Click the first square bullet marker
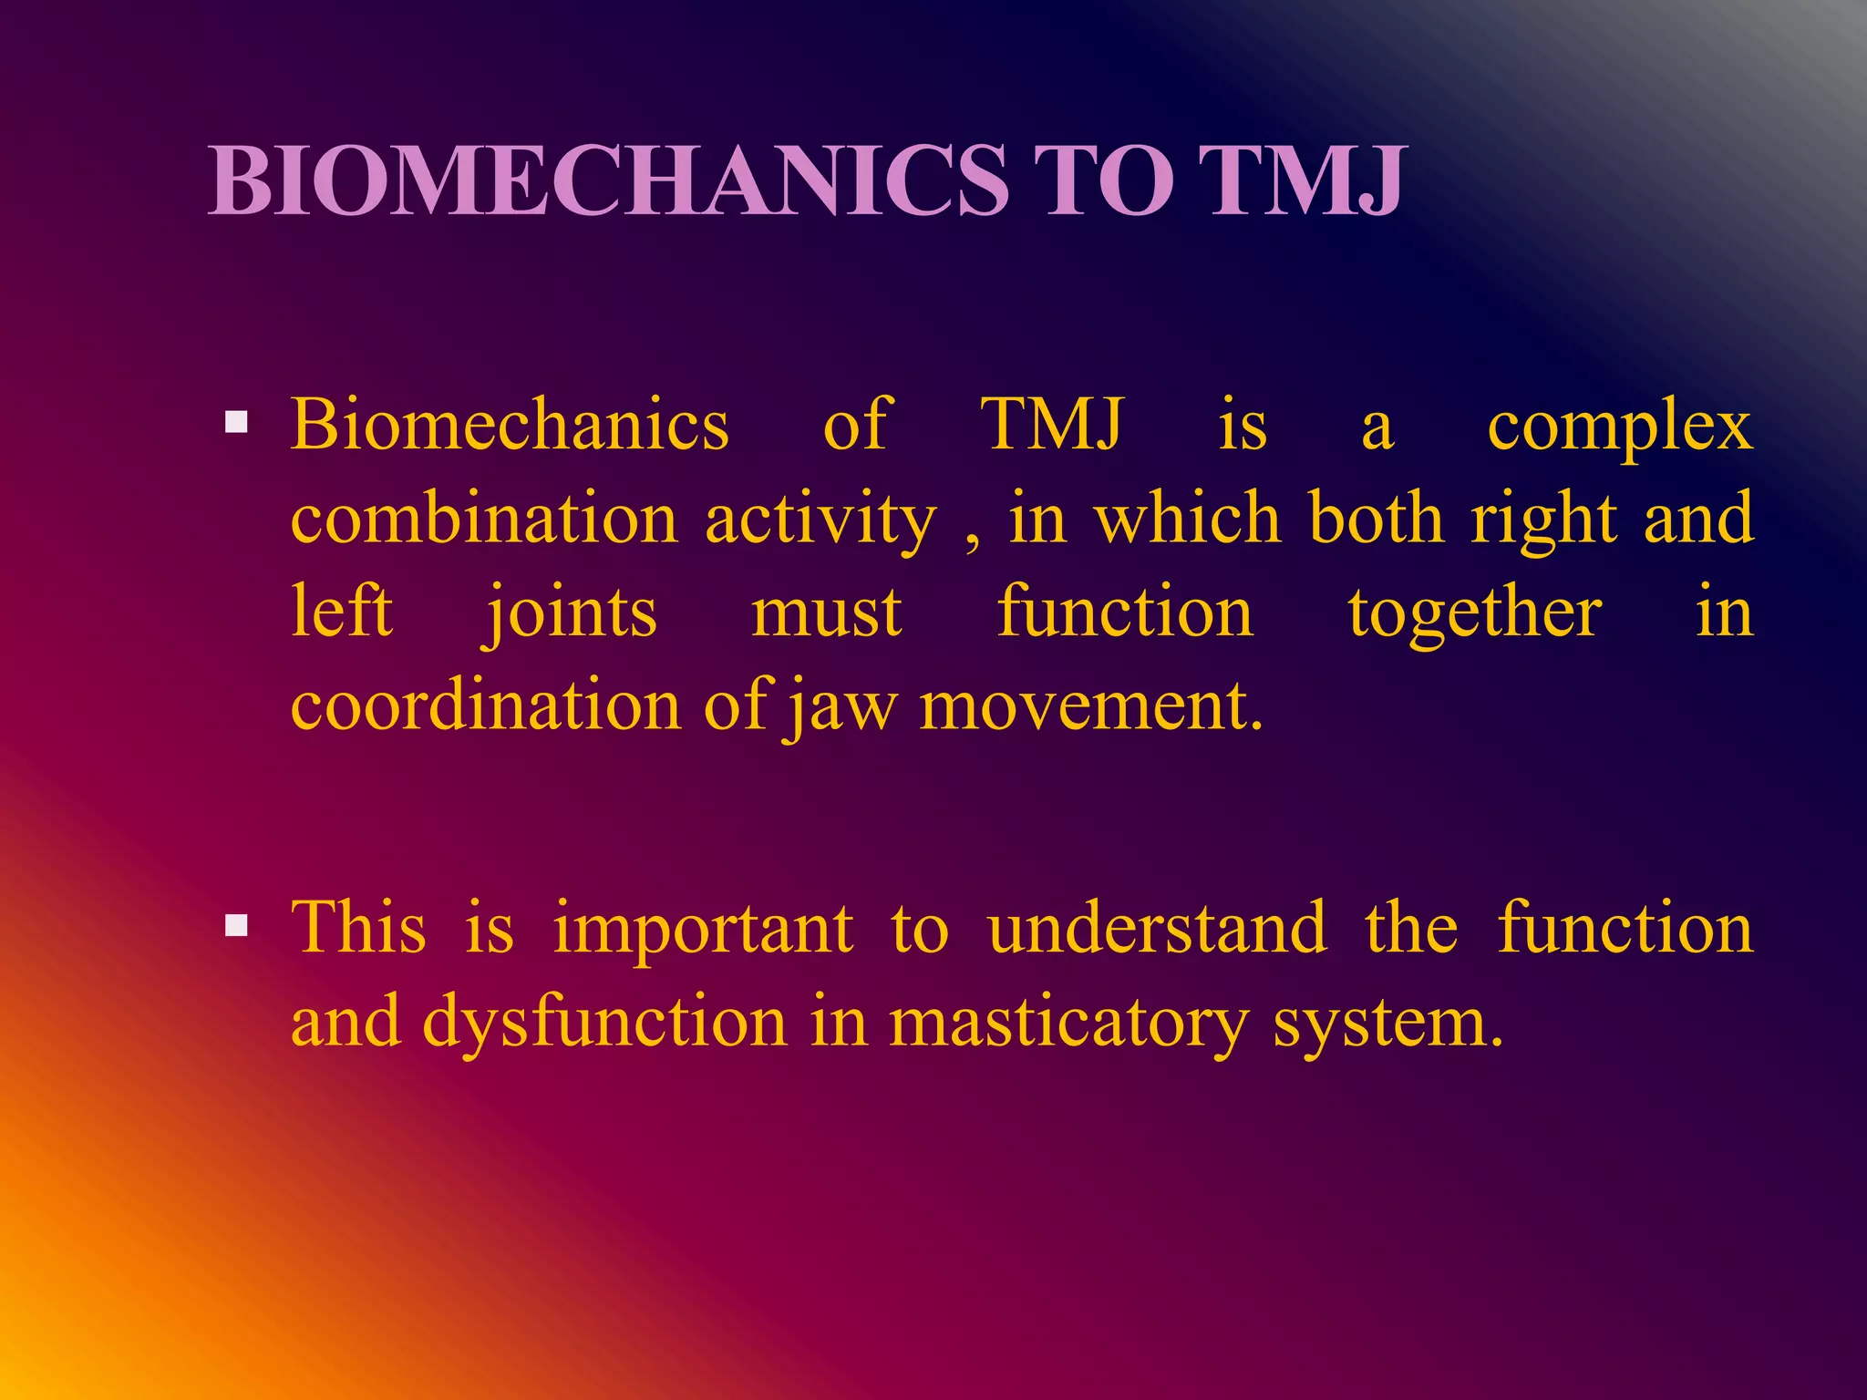point(237,421)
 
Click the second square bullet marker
point(237,925)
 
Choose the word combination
point(483,518)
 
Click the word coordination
point(485,705)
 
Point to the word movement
point(1090,707)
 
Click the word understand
point(1157,928)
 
